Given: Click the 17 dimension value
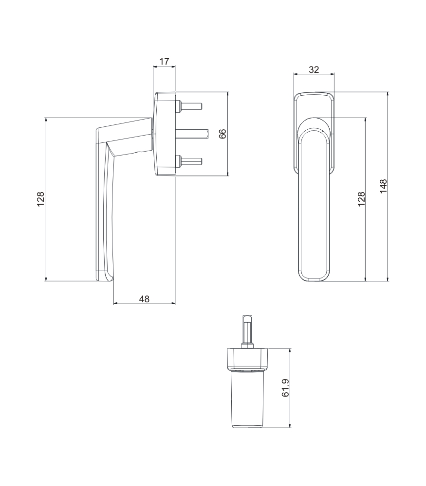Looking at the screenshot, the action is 164,61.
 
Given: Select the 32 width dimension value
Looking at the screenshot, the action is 314,69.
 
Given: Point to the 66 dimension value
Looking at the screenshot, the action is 223,134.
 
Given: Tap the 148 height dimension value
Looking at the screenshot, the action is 384,186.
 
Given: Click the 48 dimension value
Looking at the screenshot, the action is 144,299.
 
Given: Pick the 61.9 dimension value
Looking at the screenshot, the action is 285,388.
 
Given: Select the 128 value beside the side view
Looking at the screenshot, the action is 41,199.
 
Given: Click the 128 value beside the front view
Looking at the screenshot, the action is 361,199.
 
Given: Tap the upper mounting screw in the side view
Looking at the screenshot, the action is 189,106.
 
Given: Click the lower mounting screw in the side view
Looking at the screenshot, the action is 189,161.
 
